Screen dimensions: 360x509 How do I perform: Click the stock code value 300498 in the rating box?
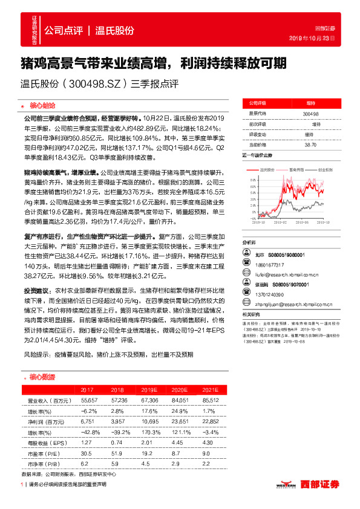coord(310,114)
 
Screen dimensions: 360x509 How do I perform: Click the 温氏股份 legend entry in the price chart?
coord(269,170)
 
